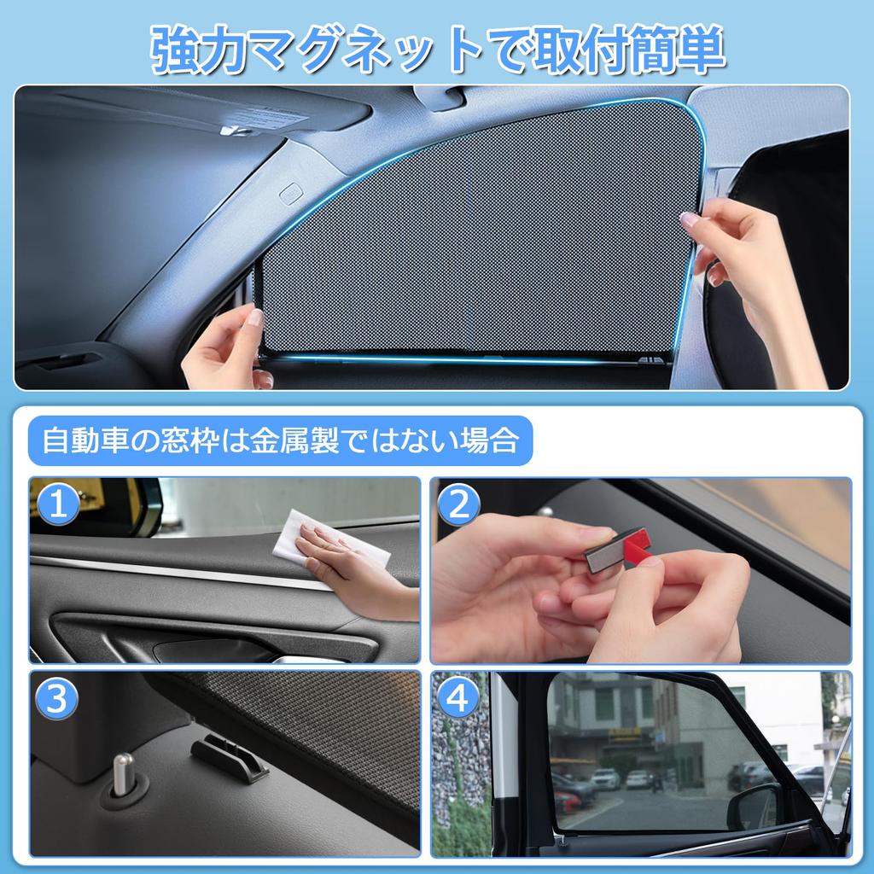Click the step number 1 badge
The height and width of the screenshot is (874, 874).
click(56, 505)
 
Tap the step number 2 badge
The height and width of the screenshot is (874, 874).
click(459, 505)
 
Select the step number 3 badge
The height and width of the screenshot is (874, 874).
click(56, 700)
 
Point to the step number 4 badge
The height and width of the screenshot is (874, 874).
click(459, 700)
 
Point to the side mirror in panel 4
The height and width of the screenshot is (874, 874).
click(753, 807)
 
